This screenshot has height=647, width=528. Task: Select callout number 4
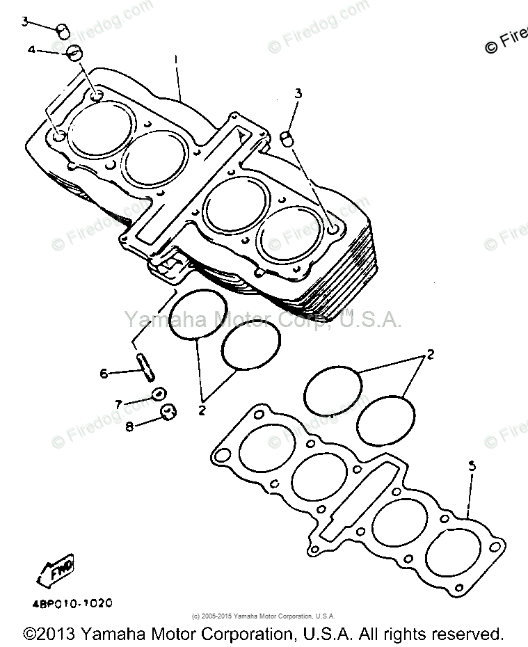(31, 50)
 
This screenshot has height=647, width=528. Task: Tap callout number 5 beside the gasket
(472, 468)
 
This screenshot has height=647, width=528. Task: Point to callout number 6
(104, 374)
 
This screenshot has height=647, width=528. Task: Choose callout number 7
(118, 404)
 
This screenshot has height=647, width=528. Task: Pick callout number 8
(129, 426)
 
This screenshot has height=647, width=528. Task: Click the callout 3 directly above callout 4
(25, 22)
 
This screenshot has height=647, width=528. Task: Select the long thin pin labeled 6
(145, 367)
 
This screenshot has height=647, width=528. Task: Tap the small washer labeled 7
(159, 394)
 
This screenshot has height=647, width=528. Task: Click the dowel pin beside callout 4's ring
(62, 31)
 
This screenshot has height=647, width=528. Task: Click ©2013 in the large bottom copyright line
(49, 634)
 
